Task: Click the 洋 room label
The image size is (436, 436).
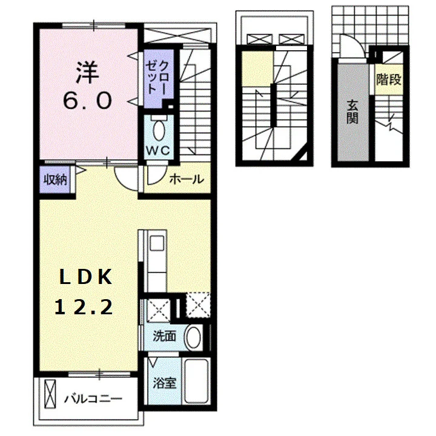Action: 87,73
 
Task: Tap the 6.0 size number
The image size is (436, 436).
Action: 87,101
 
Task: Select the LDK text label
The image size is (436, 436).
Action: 85,277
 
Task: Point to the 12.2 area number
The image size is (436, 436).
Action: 84,306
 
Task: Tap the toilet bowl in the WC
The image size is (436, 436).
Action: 159,130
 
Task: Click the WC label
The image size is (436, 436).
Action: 158,150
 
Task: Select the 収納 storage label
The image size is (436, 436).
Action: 56,180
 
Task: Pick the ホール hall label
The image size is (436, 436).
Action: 187,179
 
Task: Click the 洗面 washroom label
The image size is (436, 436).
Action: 164,337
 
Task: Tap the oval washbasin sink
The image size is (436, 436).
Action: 193,337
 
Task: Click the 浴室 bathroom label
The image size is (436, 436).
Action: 164,383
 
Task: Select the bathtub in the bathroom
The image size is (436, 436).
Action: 197,381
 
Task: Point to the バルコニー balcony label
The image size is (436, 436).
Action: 93,400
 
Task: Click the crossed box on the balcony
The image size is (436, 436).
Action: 50,395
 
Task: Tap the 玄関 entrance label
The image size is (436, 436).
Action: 352,112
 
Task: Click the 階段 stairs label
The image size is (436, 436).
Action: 389,80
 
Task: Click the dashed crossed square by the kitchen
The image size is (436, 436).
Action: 198,305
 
